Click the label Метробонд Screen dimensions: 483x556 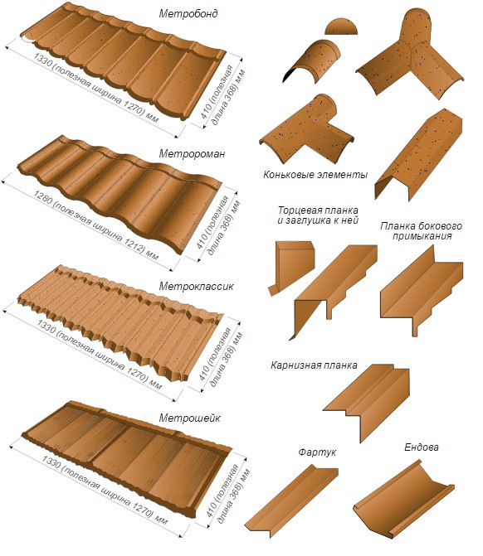click(x=188, y=13)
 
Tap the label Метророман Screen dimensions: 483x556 click(x=192, y=153)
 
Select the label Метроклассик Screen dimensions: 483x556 click(x=196, y=286)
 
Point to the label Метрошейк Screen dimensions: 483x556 click(x=189, y=418)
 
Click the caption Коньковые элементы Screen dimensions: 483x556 click(x=315, y=175)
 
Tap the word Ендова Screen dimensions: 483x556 click(x=422, y=447)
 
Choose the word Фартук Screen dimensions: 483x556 click(x=317, y=452)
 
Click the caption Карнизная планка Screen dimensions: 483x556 click(x=314, y=365)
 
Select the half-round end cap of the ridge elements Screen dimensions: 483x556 click(x=341, y=27)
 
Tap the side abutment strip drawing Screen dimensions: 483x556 click(x=421, y=291)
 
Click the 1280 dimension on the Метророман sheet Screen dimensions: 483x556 click(x=41, y=197)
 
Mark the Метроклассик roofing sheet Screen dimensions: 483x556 click(x=120, y=322)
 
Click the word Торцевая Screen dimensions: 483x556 click(x=295, y=210)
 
